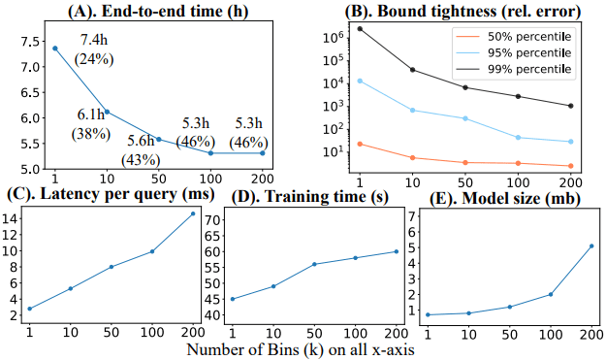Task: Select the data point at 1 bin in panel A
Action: [55, 48]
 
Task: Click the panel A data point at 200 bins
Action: [261, 152]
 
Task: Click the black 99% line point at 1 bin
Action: [360, 28]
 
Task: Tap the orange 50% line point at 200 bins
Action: [570, 166]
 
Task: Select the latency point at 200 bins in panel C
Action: [192, 213]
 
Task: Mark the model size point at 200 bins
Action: [591, 245]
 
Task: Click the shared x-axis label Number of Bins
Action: [301, 347]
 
